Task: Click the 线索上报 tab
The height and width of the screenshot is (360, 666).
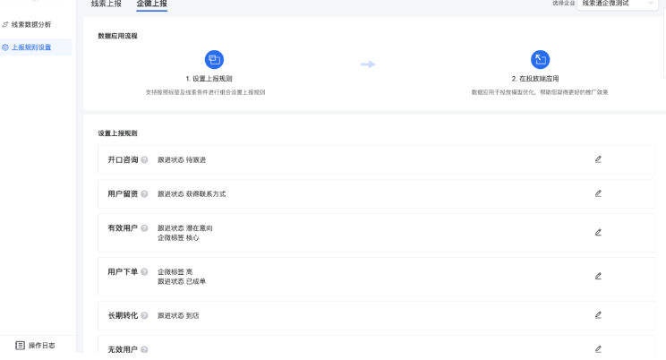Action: coord(107,4)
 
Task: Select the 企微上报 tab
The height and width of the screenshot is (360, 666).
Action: coord(151,4)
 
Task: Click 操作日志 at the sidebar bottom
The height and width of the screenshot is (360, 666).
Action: coord(35,345)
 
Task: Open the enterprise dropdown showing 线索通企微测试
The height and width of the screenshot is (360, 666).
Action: coord(618,4)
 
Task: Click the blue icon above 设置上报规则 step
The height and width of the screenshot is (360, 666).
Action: coord(214,60)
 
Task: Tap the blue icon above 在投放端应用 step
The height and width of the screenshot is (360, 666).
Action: coord(540,60)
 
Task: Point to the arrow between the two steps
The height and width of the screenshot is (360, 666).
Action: coord(367,64)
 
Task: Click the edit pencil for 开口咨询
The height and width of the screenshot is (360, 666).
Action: coord(598,159)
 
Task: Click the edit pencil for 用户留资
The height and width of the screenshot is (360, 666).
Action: coord(598,193)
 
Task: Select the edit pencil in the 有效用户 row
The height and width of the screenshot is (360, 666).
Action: coord(598,232)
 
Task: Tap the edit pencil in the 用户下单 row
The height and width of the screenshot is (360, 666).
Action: coord(598,276)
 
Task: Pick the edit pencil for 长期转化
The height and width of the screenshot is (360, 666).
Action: coord(598,315)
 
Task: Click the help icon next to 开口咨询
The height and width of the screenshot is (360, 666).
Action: coord(145,160)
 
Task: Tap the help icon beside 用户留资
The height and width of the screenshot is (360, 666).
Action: coord(145,194)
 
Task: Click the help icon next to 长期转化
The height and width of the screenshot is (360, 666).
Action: coord(145,316)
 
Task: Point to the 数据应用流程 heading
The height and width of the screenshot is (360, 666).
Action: coord(117,36)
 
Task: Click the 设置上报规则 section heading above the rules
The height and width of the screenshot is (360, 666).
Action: coord(117,133)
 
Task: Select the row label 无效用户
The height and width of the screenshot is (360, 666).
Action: coord(123,349)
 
